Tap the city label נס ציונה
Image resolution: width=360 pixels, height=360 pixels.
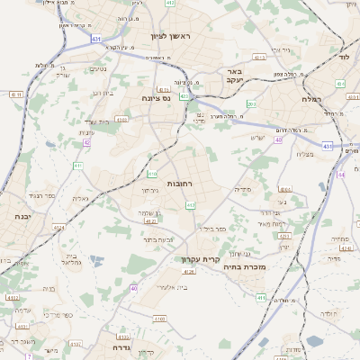[x=156, y=98]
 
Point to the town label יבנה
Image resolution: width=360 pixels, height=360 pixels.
[x=22, y=217]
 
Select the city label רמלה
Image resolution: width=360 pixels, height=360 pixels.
[x=311, y=99]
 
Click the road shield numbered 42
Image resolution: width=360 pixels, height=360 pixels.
[x=86, y=142]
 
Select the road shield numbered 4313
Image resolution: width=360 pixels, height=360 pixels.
[x=260, y=57]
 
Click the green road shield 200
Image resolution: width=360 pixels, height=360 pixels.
[x=251, y=104]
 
